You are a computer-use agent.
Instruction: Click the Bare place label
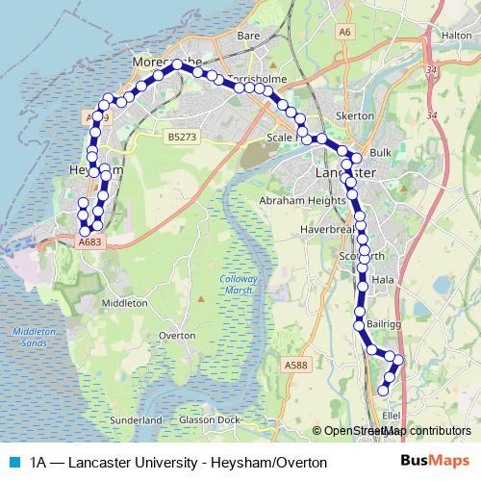[249, 36]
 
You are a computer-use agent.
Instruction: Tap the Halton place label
[455, 36]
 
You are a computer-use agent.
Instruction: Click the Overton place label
[177, 336]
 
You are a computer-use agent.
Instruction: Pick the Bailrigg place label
[383, 326]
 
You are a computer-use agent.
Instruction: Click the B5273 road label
[181, 138]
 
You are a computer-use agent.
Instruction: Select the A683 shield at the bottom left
[89, 242]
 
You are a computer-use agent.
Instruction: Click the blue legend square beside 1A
[13, 462]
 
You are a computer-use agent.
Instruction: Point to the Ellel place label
[392, 416]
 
